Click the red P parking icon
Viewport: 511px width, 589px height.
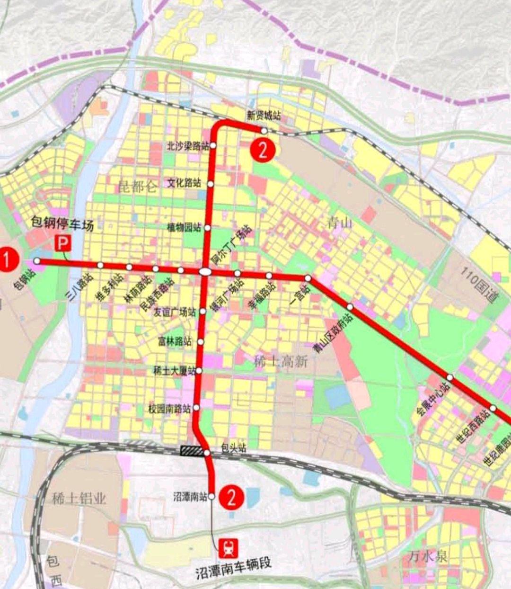[63, 244]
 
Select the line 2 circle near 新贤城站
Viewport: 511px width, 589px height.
[263, 150]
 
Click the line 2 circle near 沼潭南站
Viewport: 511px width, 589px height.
[232, 498]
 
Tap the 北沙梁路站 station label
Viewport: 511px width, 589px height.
[188, 146]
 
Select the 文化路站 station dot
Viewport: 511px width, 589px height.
[211, 184]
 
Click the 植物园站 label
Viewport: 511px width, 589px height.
[184, 228]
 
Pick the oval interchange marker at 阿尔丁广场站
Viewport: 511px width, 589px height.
[205, 272]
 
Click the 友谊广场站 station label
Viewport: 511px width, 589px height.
[175, 312]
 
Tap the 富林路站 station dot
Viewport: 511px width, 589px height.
[201, 342]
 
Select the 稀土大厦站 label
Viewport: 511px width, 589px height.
[174, 371]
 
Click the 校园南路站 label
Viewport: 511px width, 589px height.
[170, 409]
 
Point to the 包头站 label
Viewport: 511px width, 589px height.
[234, 448]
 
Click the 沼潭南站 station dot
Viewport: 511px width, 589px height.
[211, 496]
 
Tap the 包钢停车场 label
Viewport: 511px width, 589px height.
[62, 223]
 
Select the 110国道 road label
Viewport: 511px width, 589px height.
[479, 286]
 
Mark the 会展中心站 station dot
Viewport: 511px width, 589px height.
[450, 377]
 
